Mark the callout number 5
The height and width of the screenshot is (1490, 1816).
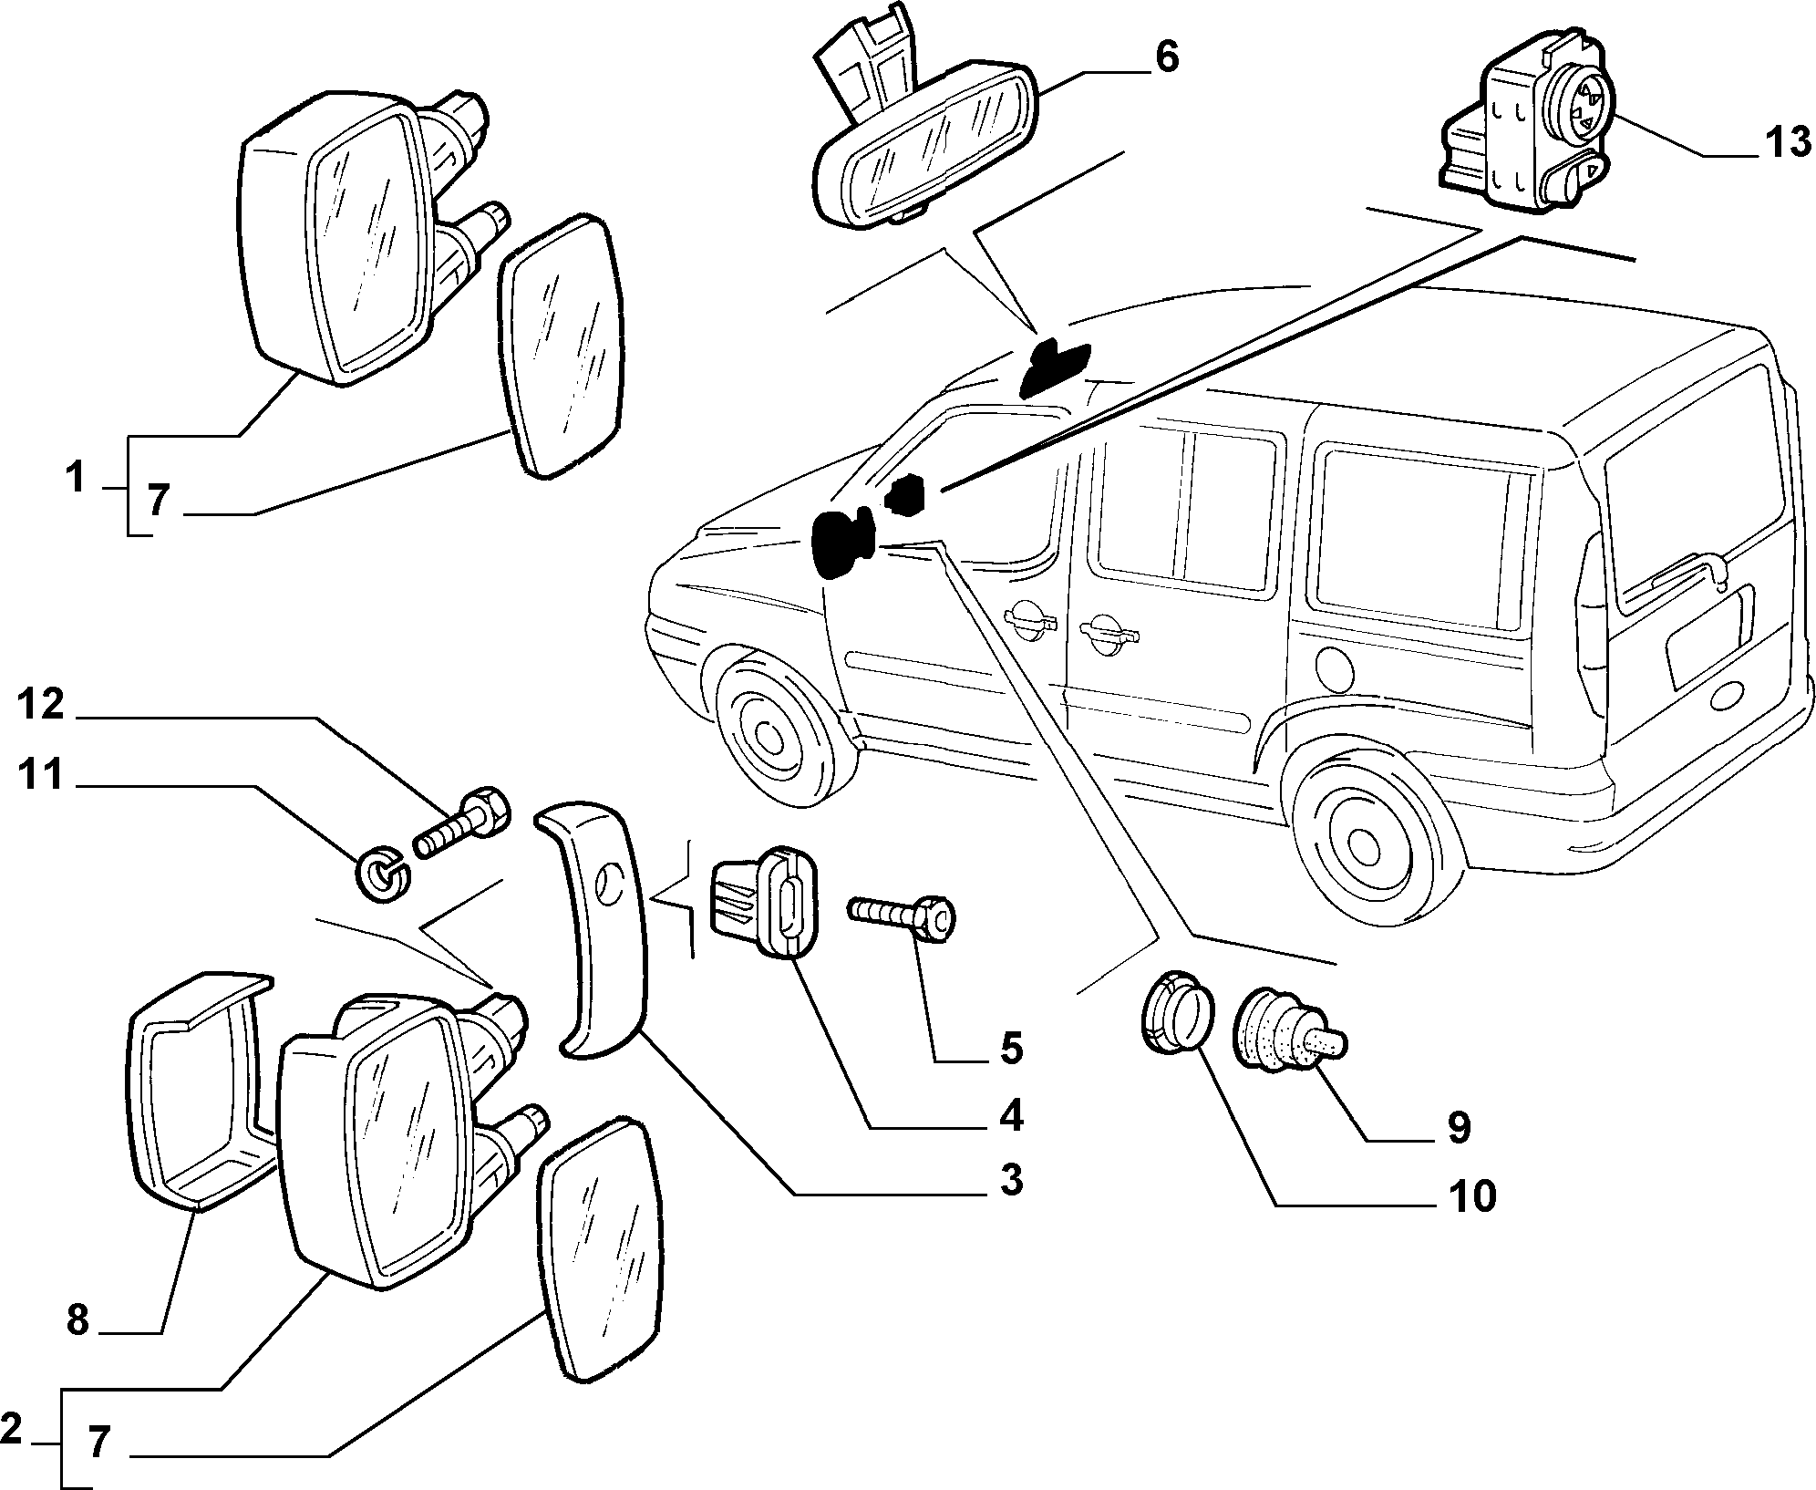1010,1049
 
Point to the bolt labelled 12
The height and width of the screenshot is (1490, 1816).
460,821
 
